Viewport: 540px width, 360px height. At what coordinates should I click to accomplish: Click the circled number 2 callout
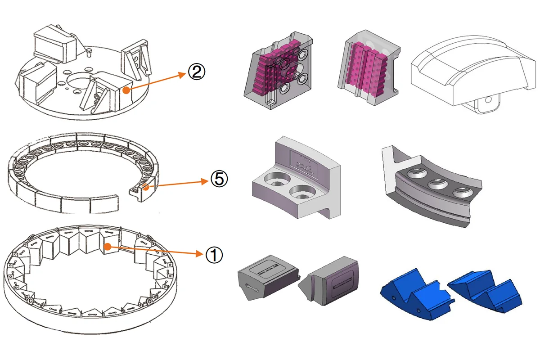(196, 72)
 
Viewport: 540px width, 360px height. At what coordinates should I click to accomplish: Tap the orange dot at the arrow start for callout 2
(128, 90)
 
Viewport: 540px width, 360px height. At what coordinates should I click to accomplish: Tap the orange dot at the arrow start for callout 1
(108, 246)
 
